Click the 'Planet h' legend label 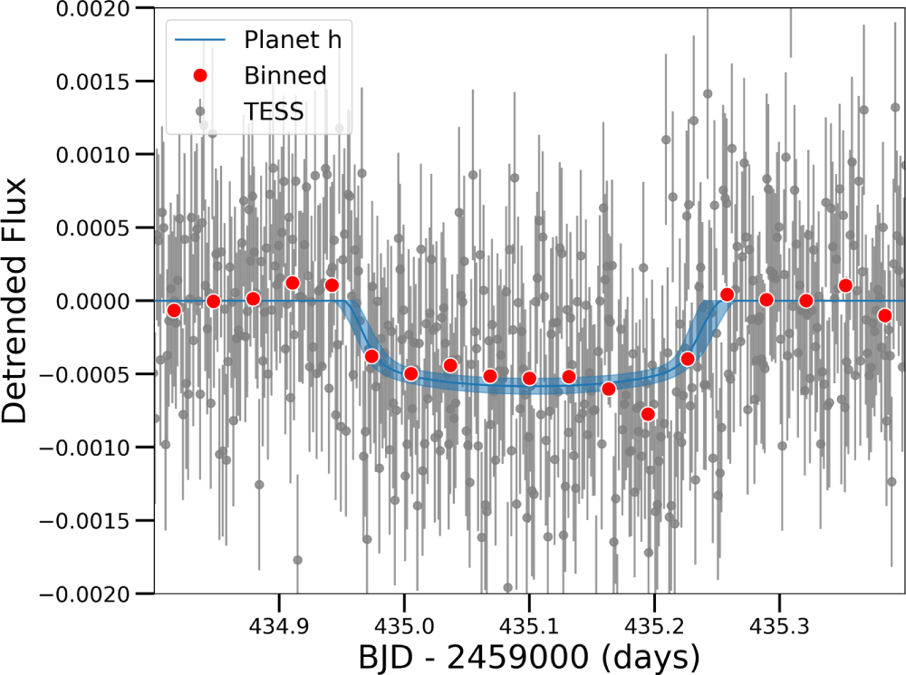click(293, 40)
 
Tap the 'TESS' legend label click(274, 111)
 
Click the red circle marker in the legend click(201, 75)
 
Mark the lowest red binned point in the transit click(648, 414)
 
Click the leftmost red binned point click(174, 311)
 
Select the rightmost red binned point click(885, 315)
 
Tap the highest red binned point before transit click(293, 283)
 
